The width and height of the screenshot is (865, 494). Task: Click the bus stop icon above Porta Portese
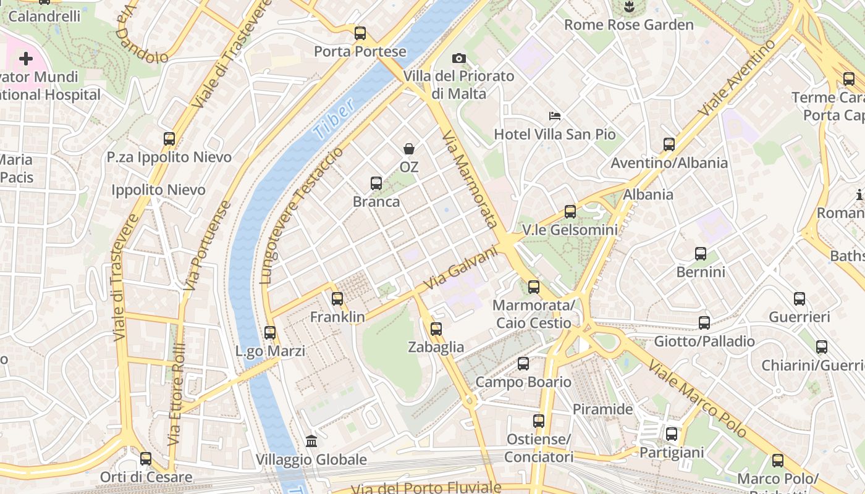click(360, 33)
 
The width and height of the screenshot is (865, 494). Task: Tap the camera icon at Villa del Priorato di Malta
click(458, 58)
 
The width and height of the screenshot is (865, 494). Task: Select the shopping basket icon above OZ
click(409, 148)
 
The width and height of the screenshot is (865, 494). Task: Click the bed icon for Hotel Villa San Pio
click(555, 116)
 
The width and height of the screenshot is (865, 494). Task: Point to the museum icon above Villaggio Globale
click(311, 442)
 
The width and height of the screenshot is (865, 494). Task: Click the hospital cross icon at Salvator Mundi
click(25, 59)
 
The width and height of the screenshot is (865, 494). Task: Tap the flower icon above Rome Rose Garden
click(629, 7)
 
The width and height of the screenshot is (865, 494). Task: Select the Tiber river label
click(334, 117)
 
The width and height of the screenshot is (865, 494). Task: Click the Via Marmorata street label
click(470, 179)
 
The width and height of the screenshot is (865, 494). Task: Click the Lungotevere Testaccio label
click(301, 215)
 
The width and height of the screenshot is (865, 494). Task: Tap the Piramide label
click(602, 409)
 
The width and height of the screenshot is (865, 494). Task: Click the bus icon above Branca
click(376, 183)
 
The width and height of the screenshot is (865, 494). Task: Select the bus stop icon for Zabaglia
click(436, 329)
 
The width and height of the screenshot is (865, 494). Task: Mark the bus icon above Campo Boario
click(523, 364)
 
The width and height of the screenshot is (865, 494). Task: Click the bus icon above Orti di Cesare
click(146, 459)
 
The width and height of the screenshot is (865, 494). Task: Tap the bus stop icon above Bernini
click(700, 254)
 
